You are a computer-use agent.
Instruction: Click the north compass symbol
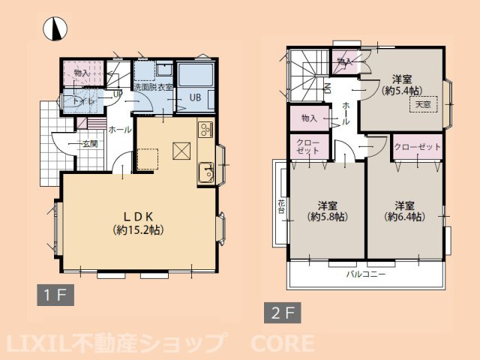[55, 28]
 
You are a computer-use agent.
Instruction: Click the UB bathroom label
[194, 97]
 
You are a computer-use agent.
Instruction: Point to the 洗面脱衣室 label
[154, 87]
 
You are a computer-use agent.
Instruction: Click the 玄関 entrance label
[89, 142]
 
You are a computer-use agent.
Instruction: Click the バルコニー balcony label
[365, 274]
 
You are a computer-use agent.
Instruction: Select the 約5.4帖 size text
[400, 91]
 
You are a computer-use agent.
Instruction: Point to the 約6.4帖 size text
[404, 217]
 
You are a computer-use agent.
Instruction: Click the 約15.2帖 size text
[139, 229]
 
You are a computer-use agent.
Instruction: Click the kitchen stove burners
[206, 129]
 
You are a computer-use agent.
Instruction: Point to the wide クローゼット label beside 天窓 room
[417, 147]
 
